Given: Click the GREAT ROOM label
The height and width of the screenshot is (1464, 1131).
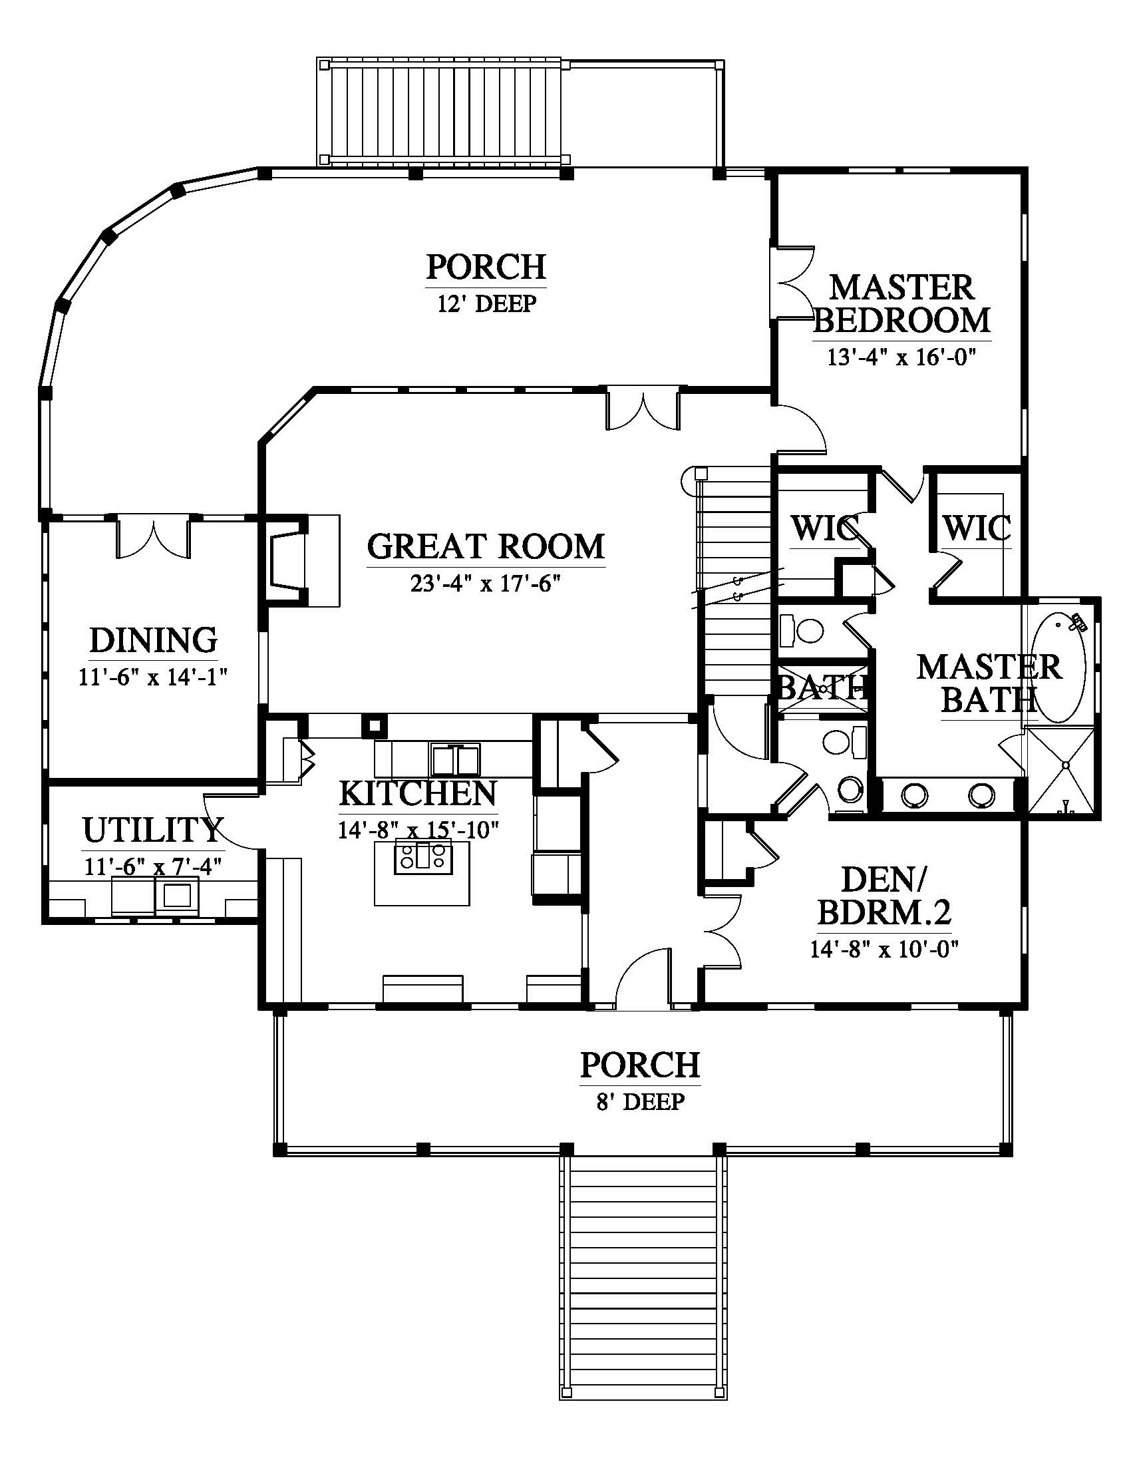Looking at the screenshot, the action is (x=486, y=546).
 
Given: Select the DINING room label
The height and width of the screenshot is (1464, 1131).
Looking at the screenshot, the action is (x=154, y=640).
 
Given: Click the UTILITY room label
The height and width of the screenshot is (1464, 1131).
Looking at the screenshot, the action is (x=152, y=830).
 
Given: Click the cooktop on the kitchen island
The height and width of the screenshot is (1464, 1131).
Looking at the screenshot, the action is (x=421, y=856).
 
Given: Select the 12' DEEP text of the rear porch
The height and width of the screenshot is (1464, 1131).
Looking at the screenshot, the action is (x=487, y=303).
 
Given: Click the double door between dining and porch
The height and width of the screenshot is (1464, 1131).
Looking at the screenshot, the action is (x=154, y=536).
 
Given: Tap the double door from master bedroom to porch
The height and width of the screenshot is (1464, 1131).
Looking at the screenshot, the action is (x=792, y=281).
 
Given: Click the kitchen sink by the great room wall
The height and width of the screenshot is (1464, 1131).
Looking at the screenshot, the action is (x=456, y=759).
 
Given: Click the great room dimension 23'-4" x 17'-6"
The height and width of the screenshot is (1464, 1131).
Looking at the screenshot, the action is (x=485, y=584).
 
